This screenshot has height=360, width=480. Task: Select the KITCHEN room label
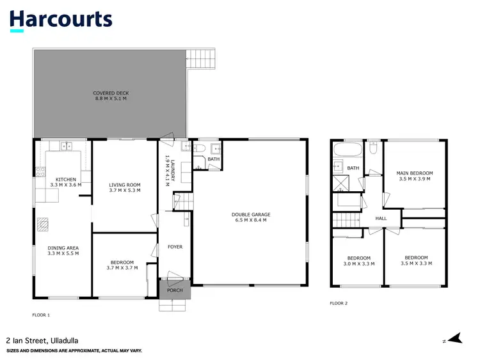coord(65,180)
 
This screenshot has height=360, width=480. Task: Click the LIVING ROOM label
coord(124,185)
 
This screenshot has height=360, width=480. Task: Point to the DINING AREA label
coord(63,248)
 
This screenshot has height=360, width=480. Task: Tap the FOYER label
coord(175,246)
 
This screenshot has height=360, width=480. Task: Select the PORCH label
coord(175,290)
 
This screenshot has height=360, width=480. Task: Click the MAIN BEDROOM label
coord(414,173)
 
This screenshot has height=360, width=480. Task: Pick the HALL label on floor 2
coord(381,219)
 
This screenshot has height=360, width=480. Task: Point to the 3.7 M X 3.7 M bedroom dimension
coord(122,268)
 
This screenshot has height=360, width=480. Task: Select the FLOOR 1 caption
coord(41,315)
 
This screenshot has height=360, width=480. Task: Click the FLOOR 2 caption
coord(339,303)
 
